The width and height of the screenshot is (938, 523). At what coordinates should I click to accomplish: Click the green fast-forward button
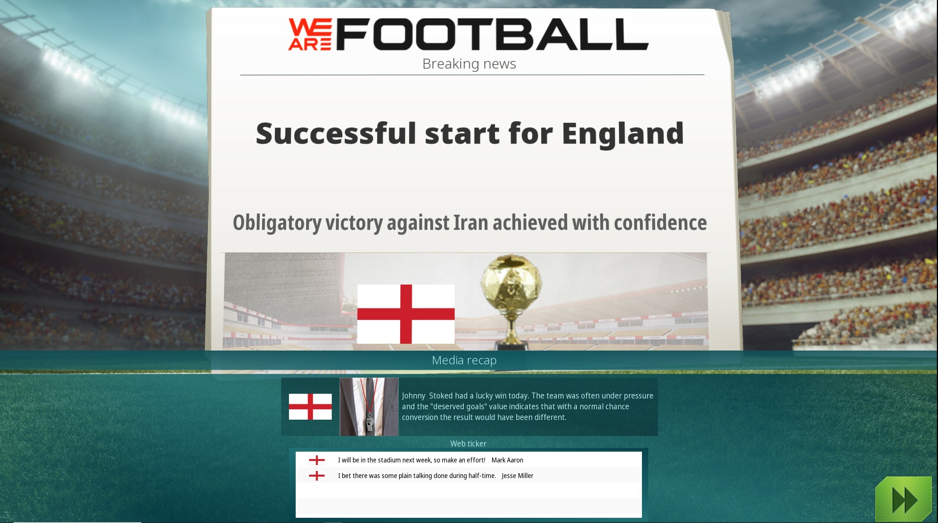pos(904,499)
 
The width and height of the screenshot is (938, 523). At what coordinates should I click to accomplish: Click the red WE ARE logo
pos(310,34)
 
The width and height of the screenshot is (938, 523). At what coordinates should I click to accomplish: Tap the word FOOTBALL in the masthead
pos(492,35)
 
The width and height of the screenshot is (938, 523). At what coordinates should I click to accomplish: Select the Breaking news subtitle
pos(469,64)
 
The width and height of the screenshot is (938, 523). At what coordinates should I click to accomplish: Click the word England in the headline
pos(622,133)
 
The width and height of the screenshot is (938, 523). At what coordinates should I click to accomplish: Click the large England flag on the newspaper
pos(406,314)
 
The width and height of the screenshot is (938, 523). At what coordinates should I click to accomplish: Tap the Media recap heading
pos(464,360)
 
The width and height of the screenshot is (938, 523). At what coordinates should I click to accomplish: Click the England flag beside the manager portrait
pos(310,407)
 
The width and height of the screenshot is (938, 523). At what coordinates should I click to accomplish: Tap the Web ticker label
pos(468,443)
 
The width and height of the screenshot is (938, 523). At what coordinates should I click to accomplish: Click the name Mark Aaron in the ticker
pos(507,460)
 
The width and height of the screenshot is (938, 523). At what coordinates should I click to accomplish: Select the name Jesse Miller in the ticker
pos(517,476)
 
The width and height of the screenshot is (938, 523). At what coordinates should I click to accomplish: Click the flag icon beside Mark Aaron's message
pos(317,460)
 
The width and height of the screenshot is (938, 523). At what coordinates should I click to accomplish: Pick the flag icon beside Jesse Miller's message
pos(317,476)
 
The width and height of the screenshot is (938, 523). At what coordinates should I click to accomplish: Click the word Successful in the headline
pos(335,133)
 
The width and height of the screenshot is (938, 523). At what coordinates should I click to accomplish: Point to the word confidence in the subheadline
pos(660,223)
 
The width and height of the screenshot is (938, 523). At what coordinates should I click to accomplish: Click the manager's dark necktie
pos(369,394)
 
